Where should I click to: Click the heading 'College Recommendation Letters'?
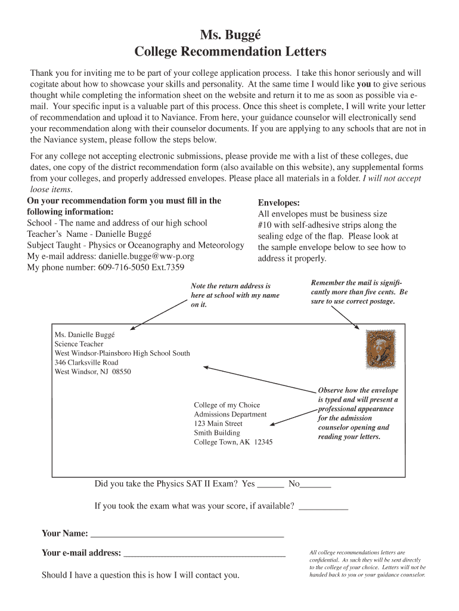[x=230, y=52]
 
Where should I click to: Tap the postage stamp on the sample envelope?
[x=380, y=348]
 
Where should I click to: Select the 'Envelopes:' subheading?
[x=278, y=203]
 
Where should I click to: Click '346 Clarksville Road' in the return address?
[x=86, y=362]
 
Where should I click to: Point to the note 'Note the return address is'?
[x=231, y=286]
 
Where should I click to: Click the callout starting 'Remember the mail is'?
[x=359, y=292]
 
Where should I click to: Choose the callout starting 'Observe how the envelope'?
[x=358, y=413]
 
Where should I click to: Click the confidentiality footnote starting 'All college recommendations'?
[x=367, y=564]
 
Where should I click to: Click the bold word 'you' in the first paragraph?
[x=364, y=84]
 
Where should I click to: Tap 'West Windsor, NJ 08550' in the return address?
[x=92, y=372]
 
